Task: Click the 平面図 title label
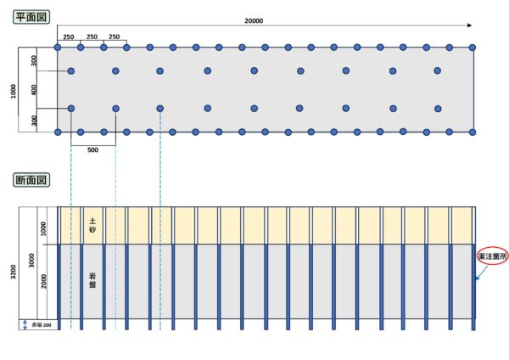(x=31, y=17)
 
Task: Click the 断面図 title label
(x=31, y=180)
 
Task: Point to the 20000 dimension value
(x=254, y=20)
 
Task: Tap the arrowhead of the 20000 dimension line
(x=469, y=25)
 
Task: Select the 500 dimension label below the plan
(x=92, y=150)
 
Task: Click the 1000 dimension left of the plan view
(x=14, y=91)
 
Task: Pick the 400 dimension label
(x=34, y=90)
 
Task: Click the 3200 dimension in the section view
(x=14, y=272)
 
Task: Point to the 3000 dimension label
(x=31, y=261)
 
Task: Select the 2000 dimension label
(x=43, y=281)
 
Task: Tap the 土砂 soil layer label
(x=92, y=226)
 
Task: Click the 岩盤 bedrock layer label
(x=92, y=281)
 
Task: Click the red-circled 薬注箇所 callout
(x=493, y=256)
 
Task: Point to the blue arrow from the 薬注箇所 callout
(x=482, y=273)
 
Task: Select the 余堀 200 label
(x=42, y=325)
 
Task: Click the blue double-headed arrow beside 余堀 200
(x=25, y=325)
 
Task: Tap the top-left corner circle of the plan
(x=58, y=48)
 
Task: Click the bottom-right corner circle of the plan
(x=473, y=132)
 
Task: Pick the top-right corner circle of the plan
(x=473, y=48)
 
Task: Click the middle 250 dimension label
(x=92, y=37)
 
